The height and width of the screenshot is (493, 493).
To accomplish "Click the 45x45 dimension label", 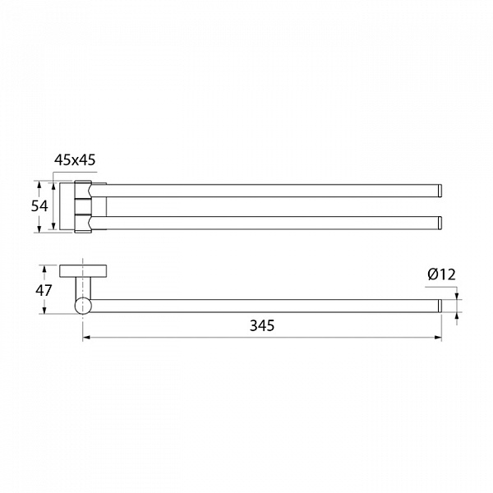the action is click(75, 160).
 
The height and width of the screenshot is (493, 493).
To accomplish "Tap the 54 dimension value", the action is click(39, 206).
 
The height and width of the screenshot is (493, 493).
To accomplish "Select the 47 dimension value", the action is click(44, 290).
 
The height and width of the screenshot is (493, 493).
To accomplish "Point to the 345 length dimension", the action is click(262, 325).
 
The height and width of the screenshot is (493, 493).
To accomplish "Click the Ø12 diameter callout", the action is click(441, 274).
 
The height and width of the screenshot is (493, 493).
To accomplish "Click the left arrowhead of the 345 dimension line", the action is click(86, 338).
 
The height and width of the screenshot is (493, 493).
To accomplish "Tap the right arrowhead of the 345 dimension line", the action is click(438, 338).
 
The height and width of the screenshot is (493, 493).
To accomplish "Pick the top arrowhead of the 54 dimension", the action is click(39, 185).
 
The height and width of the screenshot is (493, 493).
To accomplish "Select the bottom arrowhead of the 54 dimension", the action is click(39, 228).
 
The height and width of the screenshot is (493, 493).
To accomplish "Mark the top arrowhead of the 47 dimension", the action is click(44, 270).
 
